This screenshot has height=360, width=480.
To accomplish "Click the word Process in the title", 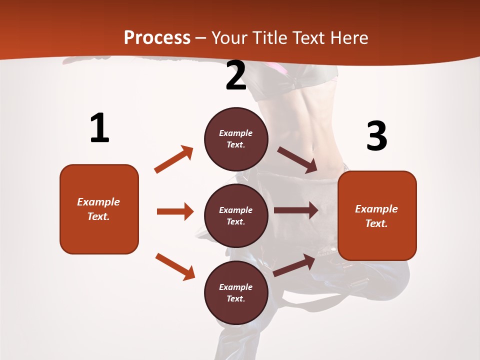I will (x=157, y=37).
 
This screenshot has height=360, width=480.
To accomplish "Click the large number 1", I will (x=99, y=128).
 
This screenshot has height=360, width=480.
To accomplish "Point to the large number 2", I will (x=236, y=76).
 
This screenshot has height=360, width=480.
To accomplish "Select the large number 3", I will (x=376, y=136).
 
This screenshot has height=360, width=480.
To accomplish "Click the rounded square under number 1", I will (x=99, y=209).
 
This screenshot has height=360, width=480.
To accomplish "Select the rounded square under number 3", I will (x=377, y=216).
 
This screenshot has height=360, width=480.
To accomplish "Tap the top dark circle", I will (x=236, y=139).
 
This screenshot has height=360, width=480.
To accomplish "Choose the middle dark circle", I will (x=236, y=215).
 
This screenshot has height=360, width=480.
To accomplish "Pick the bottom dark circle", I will (x=236, y=292).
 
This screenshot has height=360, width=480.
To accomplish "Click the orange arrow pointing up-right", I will (x=174, y=159).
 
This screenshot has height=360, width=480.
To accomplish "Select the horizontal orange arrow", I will (x=175, y=211).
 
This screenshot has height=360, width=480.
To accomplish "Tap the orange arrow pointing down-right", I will (x=175, y=266).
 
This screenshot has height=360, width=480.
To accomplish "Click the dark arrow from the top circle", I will (x=297, y=160).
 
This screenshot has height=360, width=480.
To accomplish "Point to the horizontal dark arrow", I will (x=296, y=210).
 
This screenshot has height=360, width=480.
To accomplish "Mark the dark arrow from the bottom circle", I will (x=294, y=265).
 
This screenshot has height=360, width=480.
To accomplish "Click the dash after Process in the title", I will (x=201, y=38).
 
